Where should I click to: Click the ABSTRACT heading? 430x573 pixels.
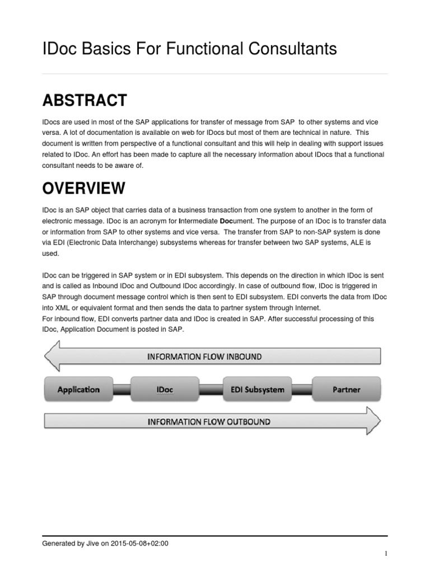[x=85, y=101]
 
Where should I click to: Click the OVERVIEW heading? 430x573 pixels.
[x=84, y=189]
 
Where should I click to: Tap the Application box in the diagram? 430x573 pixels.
[x=78, y=389]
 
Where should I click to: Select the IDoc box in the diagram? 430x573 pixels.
[x=165, y=389]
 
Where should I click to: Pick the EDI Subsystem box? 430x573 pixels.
[x=257, y=389]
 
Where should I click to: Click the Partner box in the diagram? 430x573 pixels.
[x=347, y=389]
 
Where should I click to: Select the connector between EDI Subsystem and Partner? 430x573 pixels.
[x=303, y=389]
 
